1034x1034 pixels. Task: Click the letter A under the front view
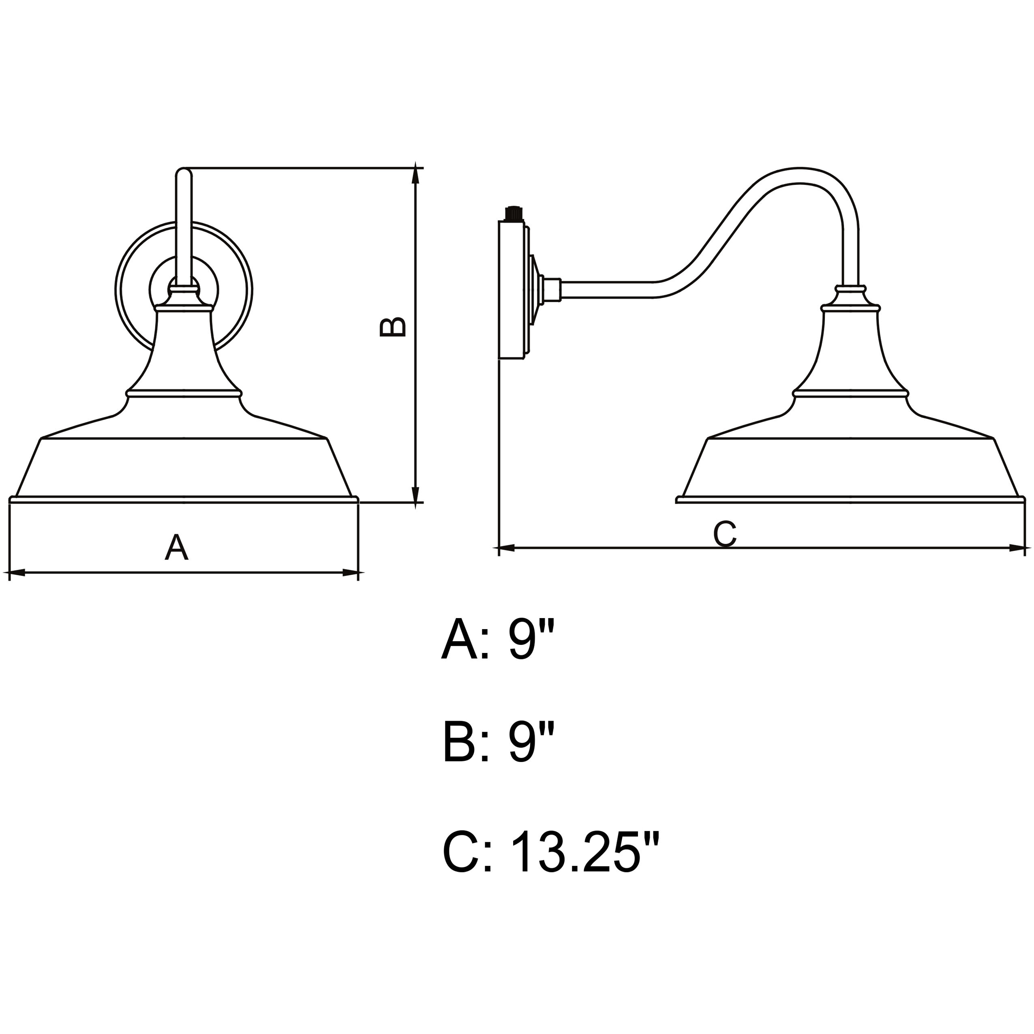click(177, 546)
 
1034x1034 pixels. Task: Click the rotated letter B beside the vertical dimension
click(393, 328)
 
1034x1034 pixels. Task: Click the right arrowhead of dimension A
click(350, 573)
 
